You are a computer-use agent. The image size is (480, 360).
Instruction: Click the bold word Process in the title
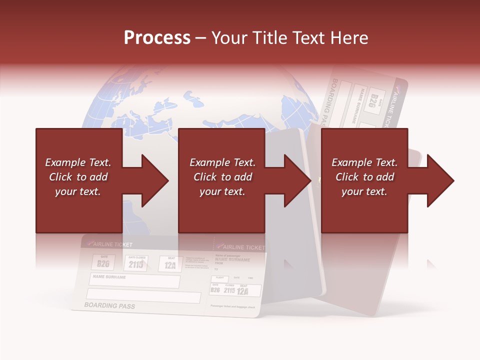(x=157, y=38)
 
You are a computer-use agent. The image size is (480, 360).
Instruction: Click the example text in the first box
(x=78, y=177)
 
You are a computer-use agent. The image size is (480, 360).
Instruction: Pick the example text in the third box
(x=364, y=177)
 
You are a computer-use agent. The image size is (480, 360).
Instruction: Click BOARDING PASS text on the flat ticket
(x=109, y=305)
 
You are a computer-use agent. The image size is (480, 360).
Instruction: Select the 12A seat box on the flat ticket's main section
(x=170, y=264)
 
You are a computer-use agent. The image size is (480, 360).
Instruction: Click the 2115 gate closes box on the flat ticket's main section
(x=135, y=263)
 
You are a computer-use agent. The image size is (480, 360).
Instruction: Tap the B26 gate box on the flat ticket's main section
(x=103, y=262)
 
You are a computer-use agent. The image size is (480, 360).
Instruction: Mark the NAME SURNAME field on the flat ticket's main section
(x=134, y=281)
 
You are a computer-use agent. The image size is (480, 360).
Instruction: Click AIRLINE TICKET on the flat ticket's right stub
(x=241, y=247)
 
